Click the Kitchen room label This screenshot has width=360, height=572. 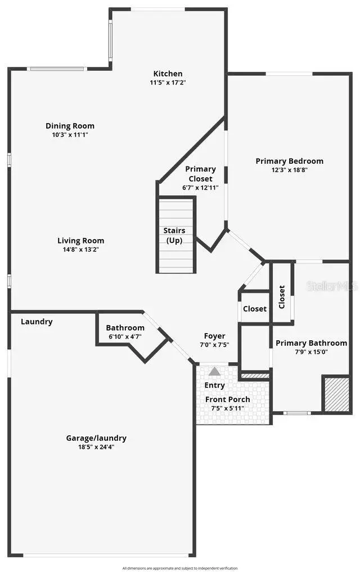[x=168, y=74]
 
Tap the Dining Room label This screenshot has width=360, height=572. [x=70, y=126]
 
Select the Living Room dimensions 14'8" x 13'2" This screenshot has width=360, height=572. [x=81, y=249]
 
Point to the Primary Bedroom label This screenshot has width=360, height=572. [x=289, y=161]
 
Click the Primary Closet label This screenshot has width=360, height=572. [x=200, y=174]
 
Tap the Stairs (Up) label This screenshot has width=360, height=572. [x=174, y=235]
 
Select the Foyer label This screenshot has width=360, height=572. [x=214, y=336]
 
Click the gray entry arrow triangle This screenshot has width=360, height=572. [x=214, y=372]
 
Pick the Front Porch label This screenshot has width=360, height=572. [x=227, y=399]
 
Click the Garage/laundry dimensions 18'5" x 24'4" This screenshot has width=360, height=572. [x=96, y=447]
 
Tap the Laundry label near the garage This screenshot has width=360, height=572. [x=37, y=322]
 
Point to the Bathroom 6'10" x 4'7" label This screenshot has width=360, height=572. [x=125, y=328]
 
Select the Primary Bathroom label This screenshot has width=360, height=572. [x=311, y=343]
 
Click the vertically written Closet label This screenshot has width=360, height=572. [x=282, y=296]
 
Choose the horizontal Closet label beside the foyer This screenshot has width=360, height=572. [x=254, y=309]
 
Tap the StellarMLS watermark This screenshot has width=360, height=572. [x=332, y=286]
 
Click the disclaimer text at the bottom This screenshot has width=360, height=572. [x=180, y=568]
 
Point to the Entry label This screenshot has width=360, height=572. [x=214, y=385]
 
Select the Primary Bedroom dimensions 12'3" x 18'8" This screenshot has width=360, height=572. [x=289, y=169]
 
